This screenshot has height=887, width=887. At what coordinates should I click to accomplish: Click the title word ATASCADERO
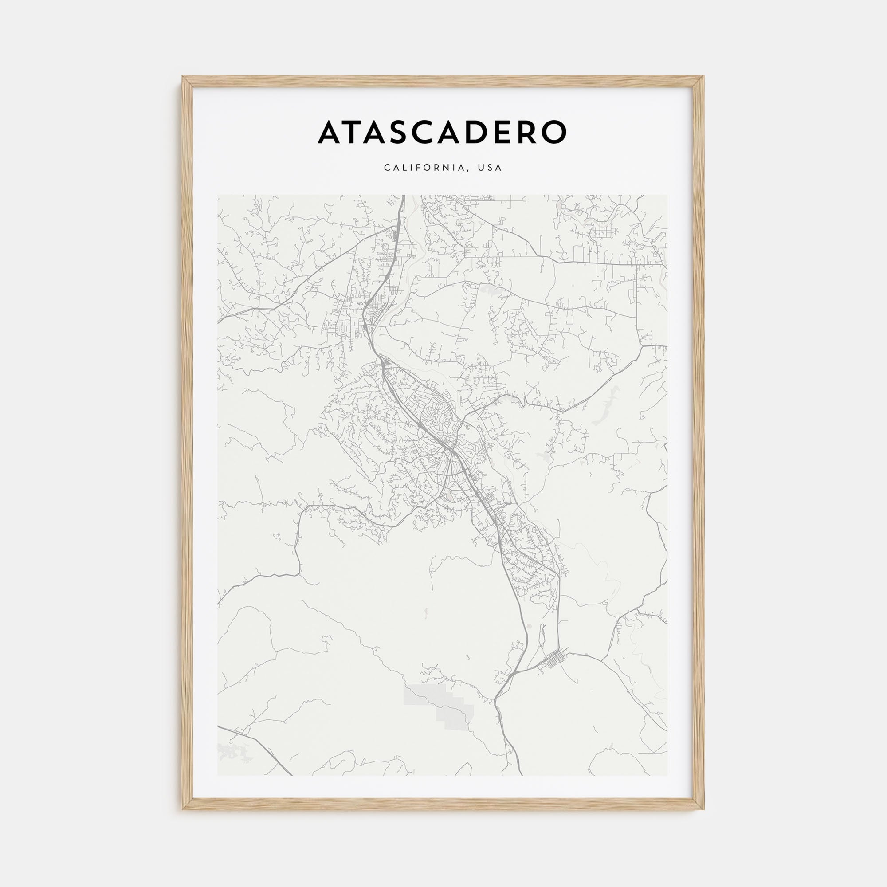pos(443,132)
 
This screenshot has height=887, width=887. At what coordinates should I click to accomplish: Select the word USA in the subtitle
pos(490,168)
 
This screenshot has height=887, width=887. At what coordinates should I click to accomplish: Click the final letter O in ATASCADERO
pos(553,132)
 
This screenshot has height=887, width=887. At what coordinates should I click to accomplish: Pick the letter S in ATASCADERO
pos(402,132)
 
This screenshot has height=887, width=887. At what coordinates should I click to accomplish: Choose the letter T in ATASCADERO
pos(353,132)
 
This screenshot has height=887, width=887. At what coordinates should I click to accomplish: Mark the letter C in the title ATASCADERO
pos(427,132)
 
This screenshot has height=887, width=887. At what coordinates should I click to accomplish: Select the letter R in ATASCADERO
pos(526,132)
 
